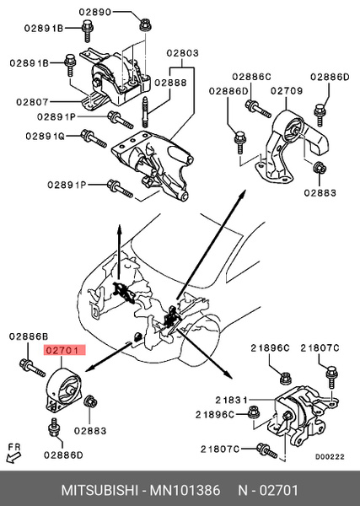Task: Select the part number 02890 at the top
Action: coord(95,13)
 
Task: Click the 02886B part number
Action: coord(28,336)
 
